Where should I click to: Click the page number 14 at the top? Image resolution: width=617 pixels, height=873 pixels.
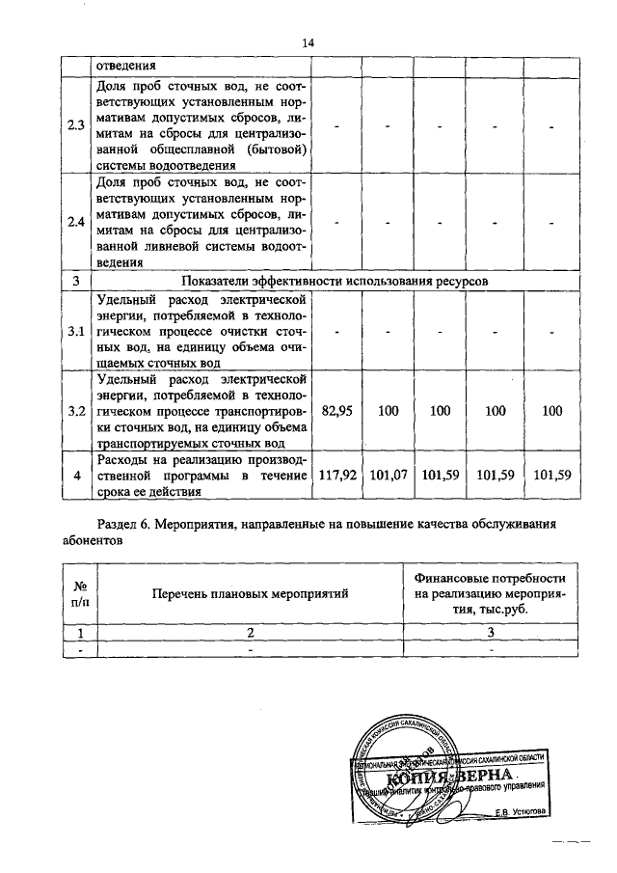(308, 43)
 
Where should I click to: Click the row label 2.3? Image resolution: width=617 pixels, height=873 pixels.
(75, 125)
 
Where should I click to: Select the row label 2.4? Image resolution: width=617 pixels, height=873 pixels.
(75, 223)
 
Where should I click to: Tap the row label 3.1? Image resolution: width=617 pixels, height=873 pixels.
(75, 331)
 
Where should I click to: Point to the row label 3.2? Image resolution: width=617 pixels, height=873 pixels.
(75, 411)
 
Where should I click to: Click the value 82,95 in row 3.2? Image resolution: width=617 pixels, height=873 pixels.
(337, 411)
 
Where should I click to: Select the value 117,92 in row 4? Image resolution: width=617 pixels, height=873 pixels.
(337, 475)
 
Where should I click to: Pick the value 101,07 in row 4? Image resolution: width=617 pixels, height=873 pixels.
(389, 475)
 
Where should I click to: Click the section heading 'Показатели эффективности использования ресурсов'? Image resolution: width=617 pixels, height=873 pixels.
(335, 281)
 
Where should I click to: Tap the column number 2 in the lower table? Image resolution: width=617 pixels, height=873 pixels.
(250, 633)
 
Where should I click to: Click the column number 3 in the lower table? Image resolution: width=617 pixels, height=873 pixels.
(490, 633)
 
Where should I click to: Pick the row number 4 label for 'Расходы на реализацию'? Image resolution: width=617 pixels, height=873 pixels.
(75, 475)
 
